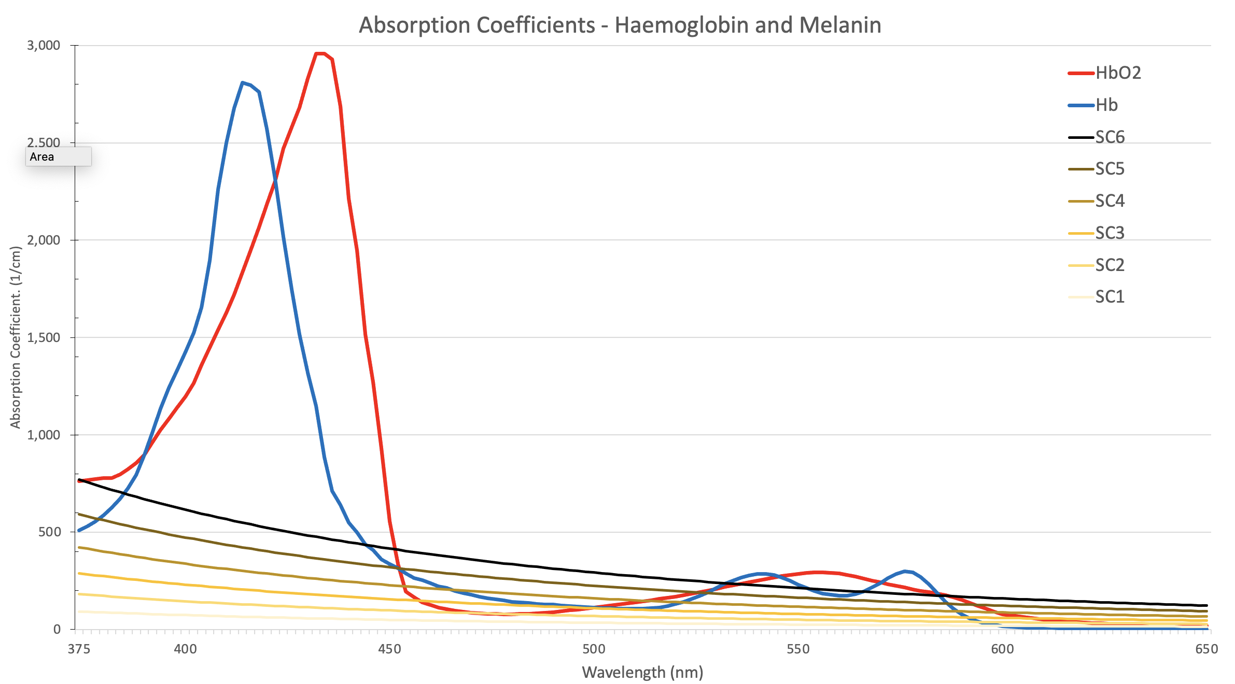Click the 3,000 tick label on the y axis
[x=44, y=46]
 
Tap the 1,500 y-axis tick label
[x=44, y=337]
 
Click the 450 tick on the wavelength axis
[x=389, y=649]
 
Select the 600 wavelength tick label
[x=1002, y=649]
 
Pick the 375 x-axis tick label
[x=79, y=649]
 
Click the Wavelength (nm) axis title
[x=642, y=672]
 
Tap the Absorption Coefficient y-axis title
[x=16, y=337]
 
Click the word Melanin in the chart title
[x=840, y=25]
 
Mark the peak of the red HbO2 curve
[x=320, y=53]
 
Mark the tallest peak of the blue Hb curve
[x=243, y=82]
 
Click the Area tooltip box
[x=58, y=156]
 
